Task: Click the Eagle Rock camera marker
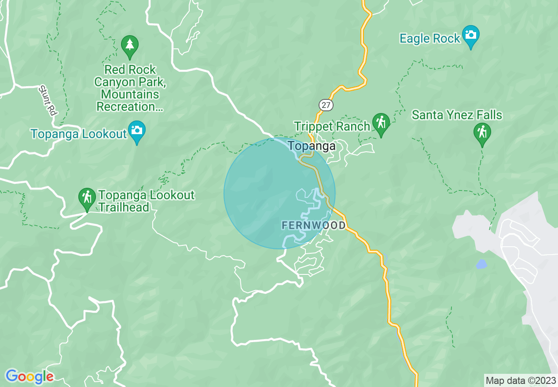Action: tap(470, 35)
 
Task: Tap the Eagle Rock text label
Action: tap(430, 39)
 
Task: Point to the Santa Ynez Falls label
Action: tap(457, 115)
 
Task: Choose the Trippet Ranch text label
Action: tap(332, 127)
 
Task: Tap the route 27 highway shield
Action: tap(326, 105)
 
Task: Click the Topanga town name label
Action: tap(312, 146)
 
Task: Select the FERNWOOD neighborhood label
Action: tap(314, 226)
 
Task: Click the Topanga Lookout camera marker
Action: tap(137, 131)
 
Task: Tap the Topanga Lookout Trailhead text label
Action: tap(146, 201)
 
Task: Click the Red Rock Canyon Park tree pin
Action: tap(129, 45)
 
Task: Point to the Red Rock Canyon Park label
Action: tap(128, 88)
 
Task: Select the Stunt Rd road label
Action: tap(48, 100)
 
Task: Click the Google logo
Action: tap(29, 376)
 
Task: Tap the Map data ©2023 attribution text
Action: tap(520, 380)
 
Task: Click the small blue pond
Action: tap(481, 264)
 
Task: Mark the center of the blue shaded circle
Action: tap(279, 193)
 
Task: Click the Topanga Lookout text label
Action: tap(79, 134)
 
